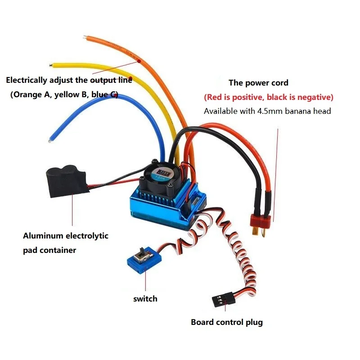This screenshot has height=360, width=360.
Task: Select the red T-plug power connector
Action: (x=262, y=220)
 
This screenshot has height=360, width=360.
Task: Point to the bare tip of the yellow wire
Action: (x=53, y=64)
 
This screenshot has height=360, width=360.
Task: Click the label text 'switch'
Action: (x=145, y=298)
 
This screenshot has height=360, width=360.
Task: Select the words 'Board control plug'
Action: (x=226, y=322)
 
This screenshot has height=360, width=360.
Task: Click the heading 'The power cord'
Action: (x=258, y=83)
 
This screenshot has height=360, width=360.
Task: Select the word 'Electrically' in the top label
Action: (x=26, y=81)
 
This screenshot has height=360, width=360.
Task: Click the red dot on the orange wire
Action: (x=139, y=60)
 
